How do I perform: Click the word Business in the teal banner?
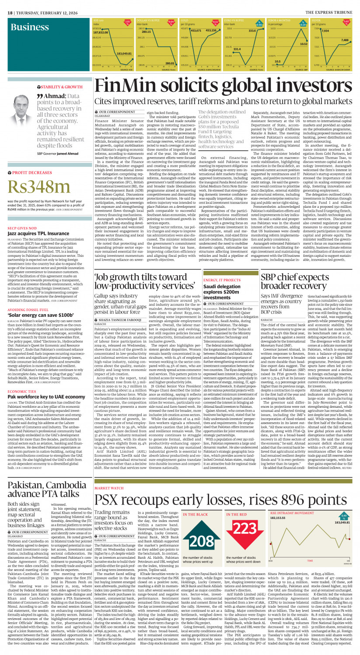pyautogui.click(x=30, y=28)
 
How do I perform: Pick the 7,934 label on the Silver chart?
pyautogui.click(x=325, y=31)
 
